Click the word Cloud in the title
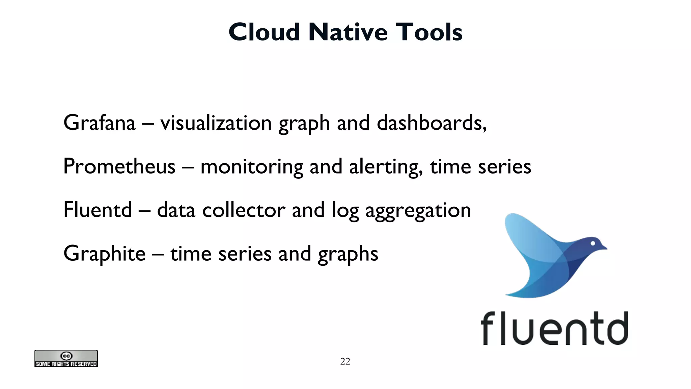pyautogui.click(x=264, y=32)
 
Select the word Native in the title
pyautogui.click(x=348, y=32)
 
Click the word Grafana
pyautogui.click(x=100, y=123)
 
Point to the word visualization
pyautogui.click(x=216, y=123)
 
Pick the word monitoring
pyautogui.click(x=252, y=167)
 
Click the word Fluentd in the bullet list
pyautogui.click(x=98, y=210)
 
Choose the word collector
pyautogui.click(x=244, y=210)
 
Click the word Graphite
pyautogui.click(x=105, y=254)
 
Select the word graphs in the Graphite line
pyautogui.click(x=348, y=254)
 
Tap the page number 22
pyautogui.click(x=345, y=361)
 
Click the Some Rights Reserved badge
pyautogui.click(x=66, y=359)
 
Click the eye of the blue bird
pyautogui.click(x=592, y=243)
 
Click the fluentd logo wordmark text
pyautogui.click(x=554, y=329)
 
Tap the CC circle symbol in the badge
pyautogui.click(x=66, y=356)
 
